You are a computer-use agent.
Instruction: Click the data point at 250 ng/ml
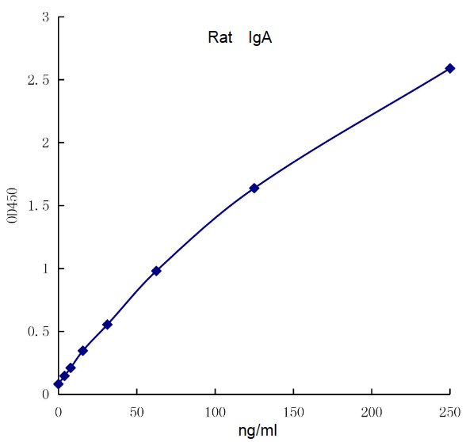pyautogui.click(x=449, y=68)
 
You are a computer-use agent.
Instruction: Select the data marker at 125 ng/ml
pyautogui.click(x=254, y=188)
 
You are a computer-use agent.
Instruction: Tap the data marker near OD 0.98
pyautogui.click(x=156, y=271)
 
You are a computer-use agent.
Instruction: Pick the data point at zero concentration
pyautogui.click(x=58, y=384)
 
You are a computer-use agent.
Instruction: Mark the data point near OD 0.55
pyautogui.click(x=107, y=324)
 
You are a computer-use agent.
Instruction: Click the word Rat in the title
pyautogui.click(x=220, y=37)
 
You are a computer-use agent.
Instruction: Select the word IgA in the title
pyautogui.click(x=260, y=37)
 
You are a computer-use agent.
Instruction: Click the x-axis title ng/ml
pyautogui.click(x=258, y=430)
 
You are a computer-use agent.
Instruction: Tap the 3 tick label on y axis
pyautogui.click(x=45, y=17)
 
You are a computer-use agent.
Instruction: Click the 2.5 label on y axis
pyautogui.click(x=37, y=80)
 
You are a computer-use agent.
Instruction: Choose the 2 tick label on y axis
pyautogui.click(x=45, y=143)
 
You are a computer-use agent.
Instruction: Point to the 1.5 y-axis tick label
pyautogui.click(x=37, y=205)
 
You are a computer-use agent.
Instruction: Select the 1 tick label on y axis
pyautogui.click(x=45, y=269)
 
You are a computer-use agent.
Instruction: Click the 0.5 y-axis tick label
pyautogui.click(x=37, y=331)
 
